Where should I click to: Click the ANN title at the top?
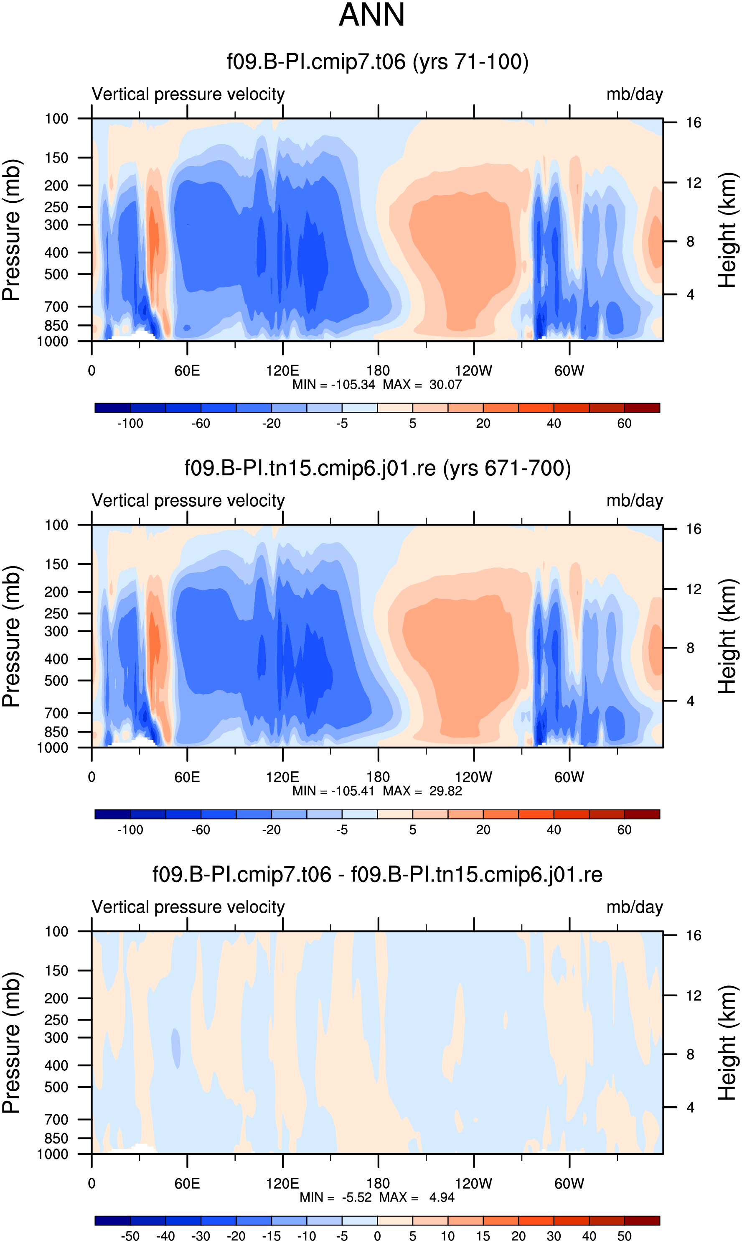coord(371,15)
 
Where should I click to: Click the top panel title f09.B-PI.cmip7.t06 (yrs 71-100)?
coord(378,62)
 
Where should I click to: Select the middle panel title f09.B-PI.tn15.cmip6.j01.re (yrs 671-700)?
coord(378,469)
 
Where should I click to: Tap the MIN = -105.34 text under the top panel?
coord(333,385)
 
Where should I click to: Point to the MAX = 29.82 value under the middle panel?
coord(422,791)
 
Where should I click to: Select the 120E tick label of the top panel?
coord(282,371)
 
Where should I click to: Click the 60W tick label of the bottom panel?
coord(569,1184)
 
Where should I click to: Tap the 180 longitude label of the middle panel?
coord(378,777)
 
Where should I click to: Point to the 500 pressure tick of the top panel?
coord(56,274)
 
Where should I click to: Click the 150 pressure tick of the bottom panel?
coord(56,970)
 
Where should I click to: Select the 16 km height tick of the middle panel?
coord(693,529)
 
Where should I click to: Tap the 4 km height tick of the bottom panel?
coord(690,1108)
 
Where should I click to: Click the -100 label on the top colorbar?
coord(130,424)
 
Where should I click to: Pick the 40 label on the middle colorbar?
coord(554,830)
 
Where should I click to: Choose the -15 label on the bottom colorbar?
coord(271,1236)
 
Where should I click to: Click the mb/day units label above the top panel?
coord(635,94)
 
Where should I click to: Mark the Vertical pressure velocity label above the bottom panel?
coord(188,907)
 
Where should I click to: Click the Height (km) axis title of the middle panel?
coord(727,636)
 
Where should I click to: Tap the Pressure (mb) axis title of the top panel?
coord(11,230)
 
